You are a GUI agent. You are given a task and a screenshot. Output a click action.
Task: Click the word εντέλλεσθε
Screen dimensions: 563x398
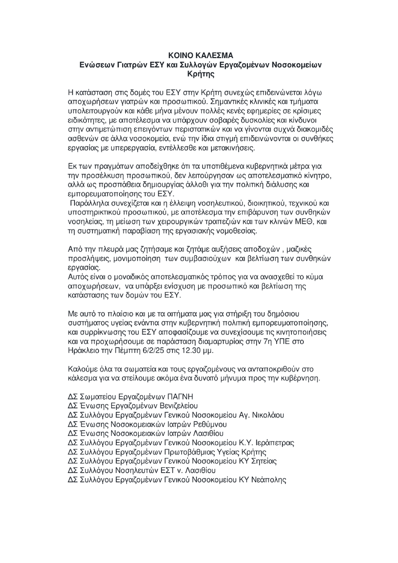(178, 148)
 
